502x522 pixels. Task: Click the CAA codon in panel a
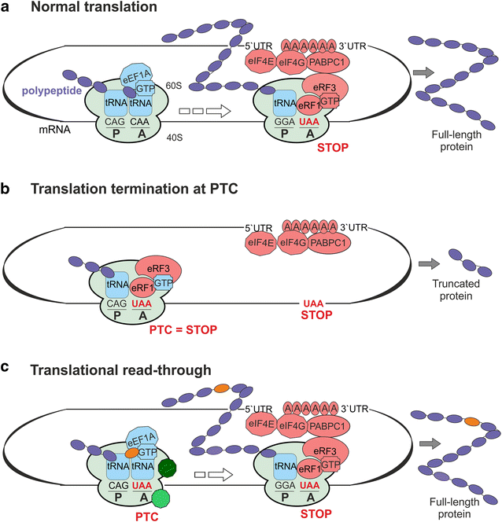tap(142, 121)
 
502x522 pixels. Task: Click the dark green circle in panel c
tap(168, 467)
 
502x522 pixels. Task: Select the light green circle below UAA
tap(161, 498)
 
